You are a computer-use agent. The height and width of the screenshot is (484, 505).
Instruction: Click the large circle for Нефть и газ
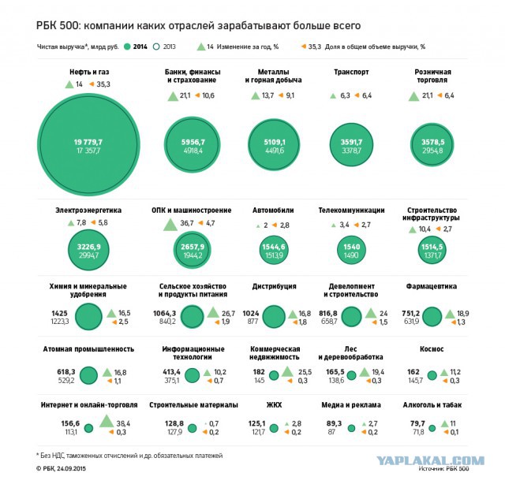pyautogui.click(x=89, y=143)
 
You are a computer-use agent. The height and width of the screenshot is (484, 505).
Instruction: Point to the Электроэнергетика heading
pyautogui.click(x=88, y=210)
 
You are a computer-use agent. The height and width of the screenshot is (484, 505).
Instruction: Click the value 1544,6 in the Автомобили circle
pyautogui.click(x=273, y=247)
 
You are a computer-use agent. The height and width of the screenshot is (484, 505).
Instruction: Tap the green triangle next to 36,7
pyautogui.click(x=170, y=224)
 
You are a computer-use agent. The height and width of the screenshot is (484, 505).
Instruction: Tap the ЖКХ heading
pyautogui.click(x=274, y=405)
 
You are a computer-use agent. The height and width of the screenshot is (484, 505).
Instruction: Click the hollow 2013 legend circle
pyautogui.click(x=159, y=47)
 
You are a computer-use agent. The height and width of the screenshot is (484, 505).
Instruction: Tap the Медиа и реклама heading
pyautogui.click(x=351, y=405)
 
